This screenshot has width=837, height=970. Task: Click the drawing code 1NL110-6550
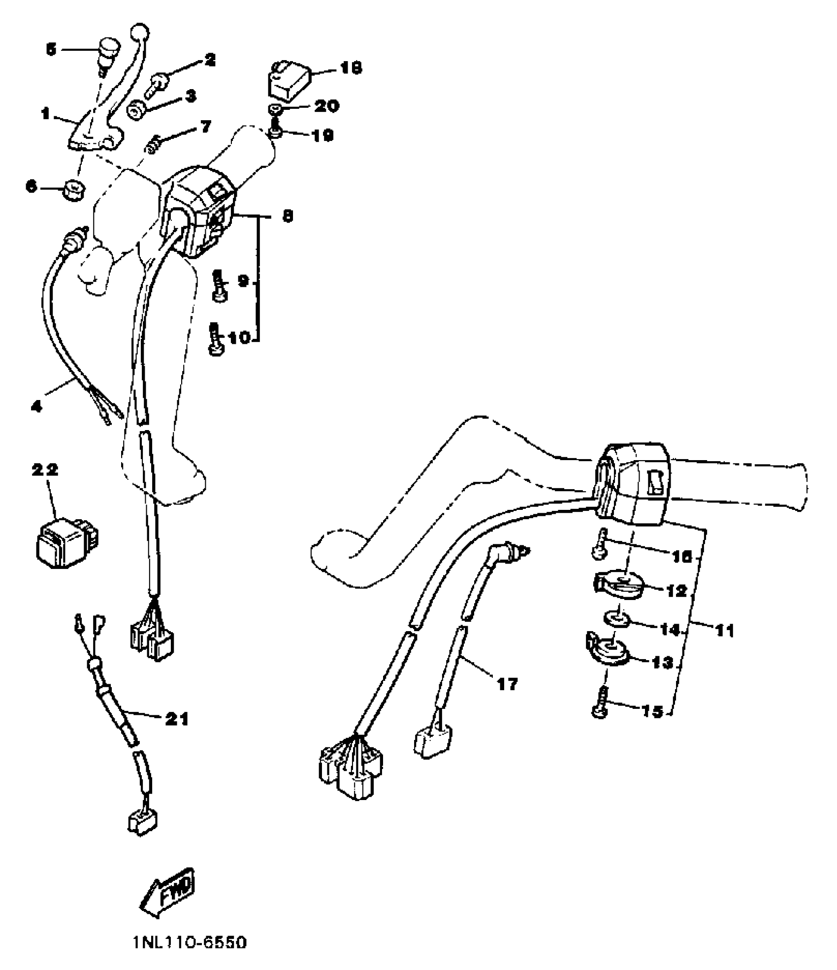[x=190, y=943]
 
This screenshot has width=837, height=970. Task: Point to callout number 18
[x=350, y=67]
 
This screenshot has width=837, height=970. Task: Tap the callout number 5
[x=51, y=49]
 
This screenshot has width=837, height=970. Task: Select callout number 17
[x=508, y=684]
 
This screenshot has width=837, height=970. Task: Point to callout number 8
[x=287, y=216]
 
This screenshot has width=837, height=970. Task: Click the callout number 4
[x=37, y=406]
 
